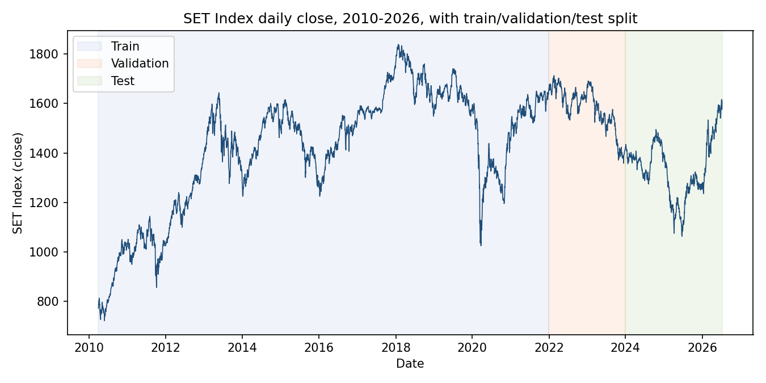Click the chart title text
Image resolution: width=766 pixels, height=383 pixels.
click(x=410, y=19)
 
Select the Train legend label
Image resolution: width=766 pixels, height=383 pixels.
click(x=125, y=46)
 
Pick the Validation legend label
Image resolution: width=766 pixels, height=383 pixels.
click(x=140, y=63)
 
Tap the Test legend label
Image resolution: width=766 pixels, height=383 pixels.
click(x=123, y=81)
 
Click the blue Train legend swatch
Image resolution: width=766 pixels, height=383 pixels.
click(x=90, y=46)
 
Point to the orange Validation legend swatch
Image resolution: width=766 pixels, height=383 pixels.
click(x=90, y=64)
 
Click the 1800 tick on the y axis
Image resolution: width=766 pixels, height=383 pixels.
click(x=43, y=54)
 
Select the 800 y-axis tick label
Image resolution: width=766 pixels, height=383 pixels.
click(x=47, y=302)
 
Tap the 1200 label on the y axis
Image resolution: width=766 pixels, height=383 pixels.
click(x=43, y=203)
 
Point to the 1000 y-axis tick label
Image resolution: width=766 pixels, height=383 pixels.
click(x=43, y=252)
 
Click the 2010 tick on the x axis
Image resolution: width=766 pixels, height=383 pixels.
click(x=89, y=348)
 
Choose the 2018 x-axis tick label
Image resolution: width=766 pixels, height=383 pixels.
click(x=395, y=348)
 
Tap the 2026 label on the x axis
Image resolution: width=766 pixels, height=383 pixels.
click(x=702, y=348)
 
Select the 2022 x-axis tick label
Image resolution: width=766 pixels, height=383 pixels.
click(x=549, y=348)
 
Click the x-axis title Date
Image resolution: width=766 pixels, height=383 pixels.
click(x=410, y=364)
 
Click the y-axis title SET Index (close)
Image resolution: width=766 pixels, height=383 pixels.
click(x=18, y=183)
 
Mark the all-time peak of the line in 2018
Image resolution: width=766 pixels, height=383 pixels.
click(x=398, y=44)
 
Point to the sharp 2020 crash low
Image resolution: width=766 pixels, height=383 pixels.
click(x=481, y=246)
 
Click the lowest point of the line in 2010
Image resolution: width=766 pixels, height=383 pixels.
click(x=104, y=321)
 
